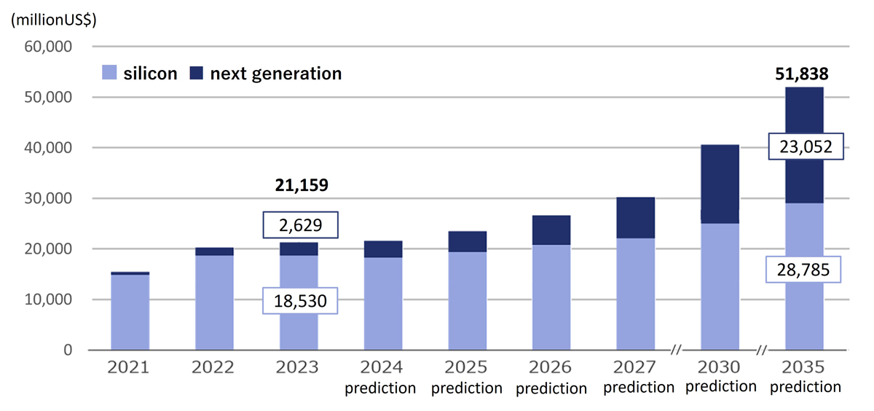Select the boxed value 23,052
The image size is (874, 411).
click(805, 148)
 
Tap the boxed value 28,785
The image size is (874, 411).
click(805, 271)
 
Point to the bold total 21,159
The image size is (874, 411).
click(302, 185)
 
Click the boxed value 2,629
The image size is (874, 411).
click(302, 225)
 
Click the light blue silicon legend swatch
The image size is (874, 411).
click(110, 73)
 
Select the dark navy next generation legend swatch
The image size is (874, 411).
click(197, 73)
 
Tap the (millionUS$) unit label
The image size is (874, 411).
click(53, 20)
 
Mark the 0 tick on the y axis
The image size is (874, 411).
click(68, 350)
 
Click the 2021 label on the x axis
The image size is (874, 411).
click(130, 367)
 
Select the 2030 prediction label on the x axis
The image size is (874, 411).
click(720, 377)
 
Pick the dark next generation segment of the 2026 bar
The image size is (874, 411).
click(551, 230)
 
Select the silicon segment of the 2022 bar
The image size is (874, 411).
click(214, 302)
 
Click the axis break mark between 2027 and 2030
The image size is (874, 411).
click(676, 351)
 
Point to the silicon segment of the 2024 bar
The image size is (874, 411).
click(382, 303)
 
